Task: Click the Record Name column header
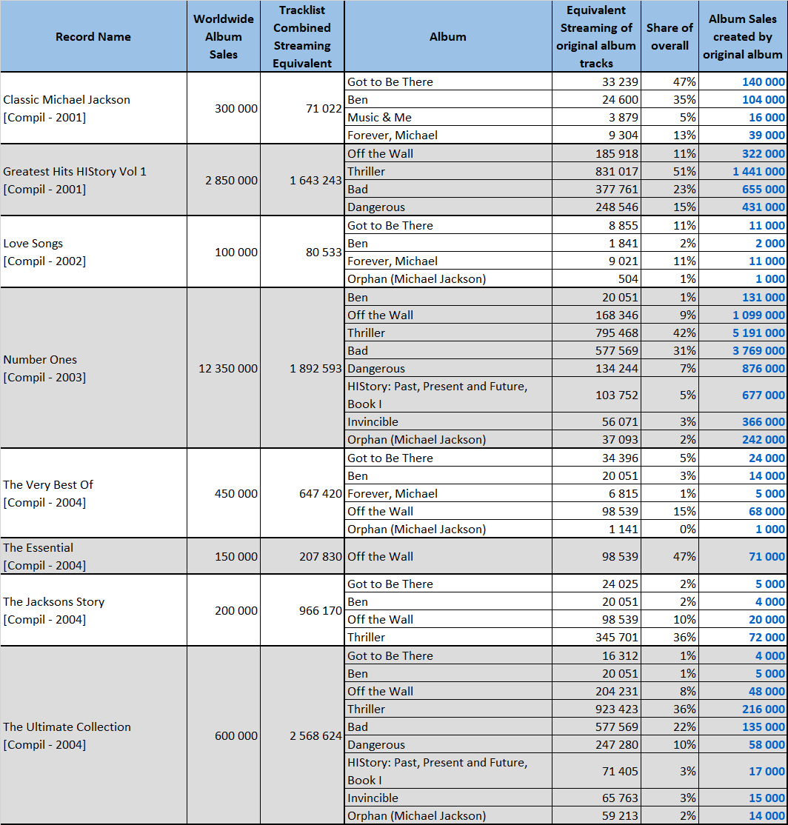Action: click(93, 37)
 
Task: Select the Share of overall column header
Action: click(670, 37)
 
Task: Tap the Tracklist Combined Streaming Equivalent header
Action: click(302, 37)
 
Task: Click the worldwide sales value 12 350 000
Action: click(228, 368)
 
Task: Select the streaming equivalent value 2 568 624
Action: click(315, 735)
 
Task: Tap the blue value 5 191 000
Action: click(758, 333)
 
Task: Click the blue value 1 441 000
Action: click(758, 172)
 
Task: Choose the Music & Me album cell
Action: click(379, 117)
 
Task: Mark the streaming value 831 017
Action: click(616, 172)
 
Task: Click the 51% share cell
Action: click(684, 172)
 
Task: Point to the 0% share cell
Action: click(687, 530)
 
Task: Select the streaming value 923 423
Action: click(616, 709)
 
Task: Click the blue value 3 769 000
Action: click(758, 351)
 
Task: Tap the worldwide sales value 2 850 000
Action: click(231, 181)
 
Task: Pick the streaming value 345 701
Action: click(616, 637)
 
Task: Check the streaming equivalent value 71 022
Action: click(324, 108)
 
